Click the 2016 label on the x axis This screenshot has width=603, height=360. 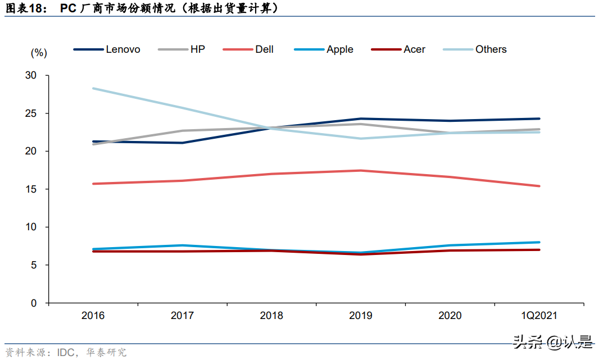(93, 316)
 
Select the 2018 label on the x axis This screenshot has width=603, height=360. (271, 316)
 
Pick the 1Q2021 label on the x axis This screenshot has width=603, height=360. (539, 316)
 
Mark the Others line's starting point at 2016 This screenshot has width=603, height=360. (93, 88)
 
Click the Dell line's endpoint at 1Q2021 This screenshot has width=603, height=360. (539, 186)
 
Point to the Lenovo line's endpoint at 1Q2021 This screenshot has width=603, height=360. (539, 119)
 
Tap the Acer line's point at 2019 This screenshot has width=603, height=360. (361, 254)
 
